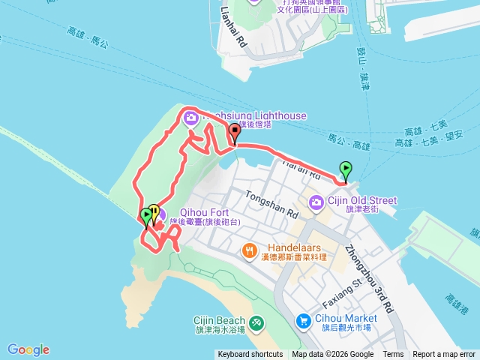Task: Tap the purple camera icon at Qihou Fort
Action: point(160,217)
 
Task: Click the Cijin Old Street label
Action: point(362,200)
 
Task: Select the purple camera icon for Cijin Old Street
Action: point(316,201)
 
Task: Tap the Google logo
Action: point(28,349)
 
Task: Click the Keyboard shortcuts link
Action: point(250,355)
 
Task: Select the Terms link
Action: point(393,355)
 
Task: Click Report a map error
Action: point(445,355)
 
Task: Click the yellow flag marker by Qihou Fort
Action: point(154,212)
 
